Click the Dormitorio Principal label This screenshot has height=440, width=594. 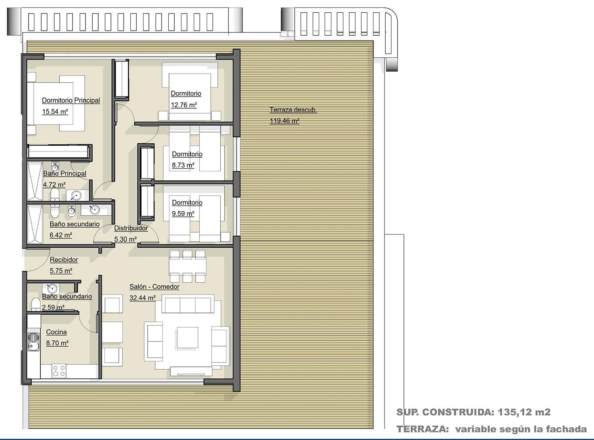click(71, 101)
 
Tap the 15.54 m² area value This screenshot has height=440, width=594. click(55, 112)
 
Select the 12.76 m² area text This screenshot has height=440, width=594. click(184, 105)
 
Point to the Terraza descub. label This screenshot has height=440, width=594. click(293, 110)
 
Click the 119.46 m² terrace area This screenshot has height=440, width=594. click(284, 121)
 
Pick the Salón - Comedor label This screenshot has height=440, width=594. click(154, 286)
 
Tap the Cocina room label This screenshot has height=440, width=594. click(56, 332)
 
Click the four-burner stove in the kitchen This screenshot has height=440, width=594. click(59, 371)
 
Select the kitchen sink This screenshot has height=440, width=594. click(34, 341)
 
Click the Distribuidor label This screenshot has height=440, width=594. click(131, 228)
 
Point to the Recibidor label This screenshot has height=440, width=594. click(64, 260)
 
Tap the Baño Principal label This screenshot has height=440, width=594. click(65, 173)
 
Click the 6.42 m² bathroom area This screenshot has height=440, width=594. click(61, 235)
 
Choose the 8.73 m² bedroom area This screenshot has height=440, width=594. click(183, 165)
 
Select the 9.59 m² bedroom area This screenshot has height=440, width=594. click(183, 214)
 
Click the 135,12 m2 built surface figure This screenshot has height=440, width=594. click(524, 412)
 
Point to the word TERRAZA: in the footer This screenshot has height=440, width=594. click(423, 429)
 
